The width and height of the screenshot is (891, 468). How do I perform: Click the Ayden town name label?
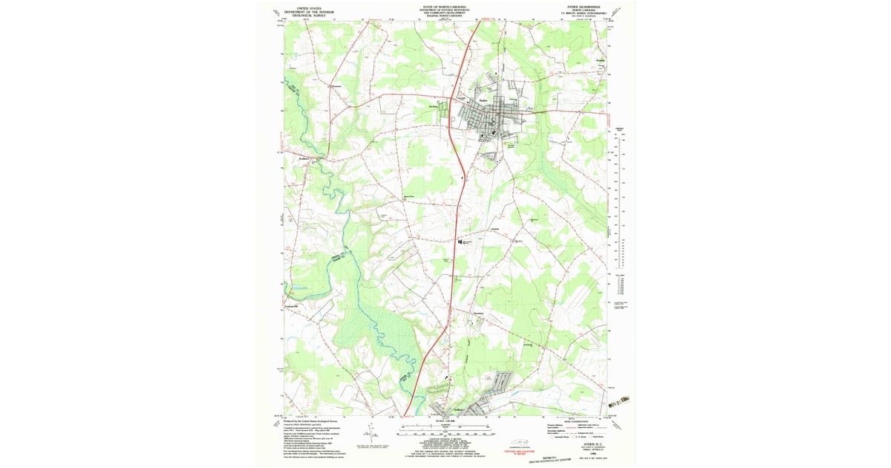(x=483, y=98)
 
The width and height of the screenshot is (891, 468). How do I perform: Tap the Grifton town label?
(x=457, y=409)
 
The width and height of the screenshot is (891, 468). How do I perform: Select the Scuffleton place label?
(x=303, y=159)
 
